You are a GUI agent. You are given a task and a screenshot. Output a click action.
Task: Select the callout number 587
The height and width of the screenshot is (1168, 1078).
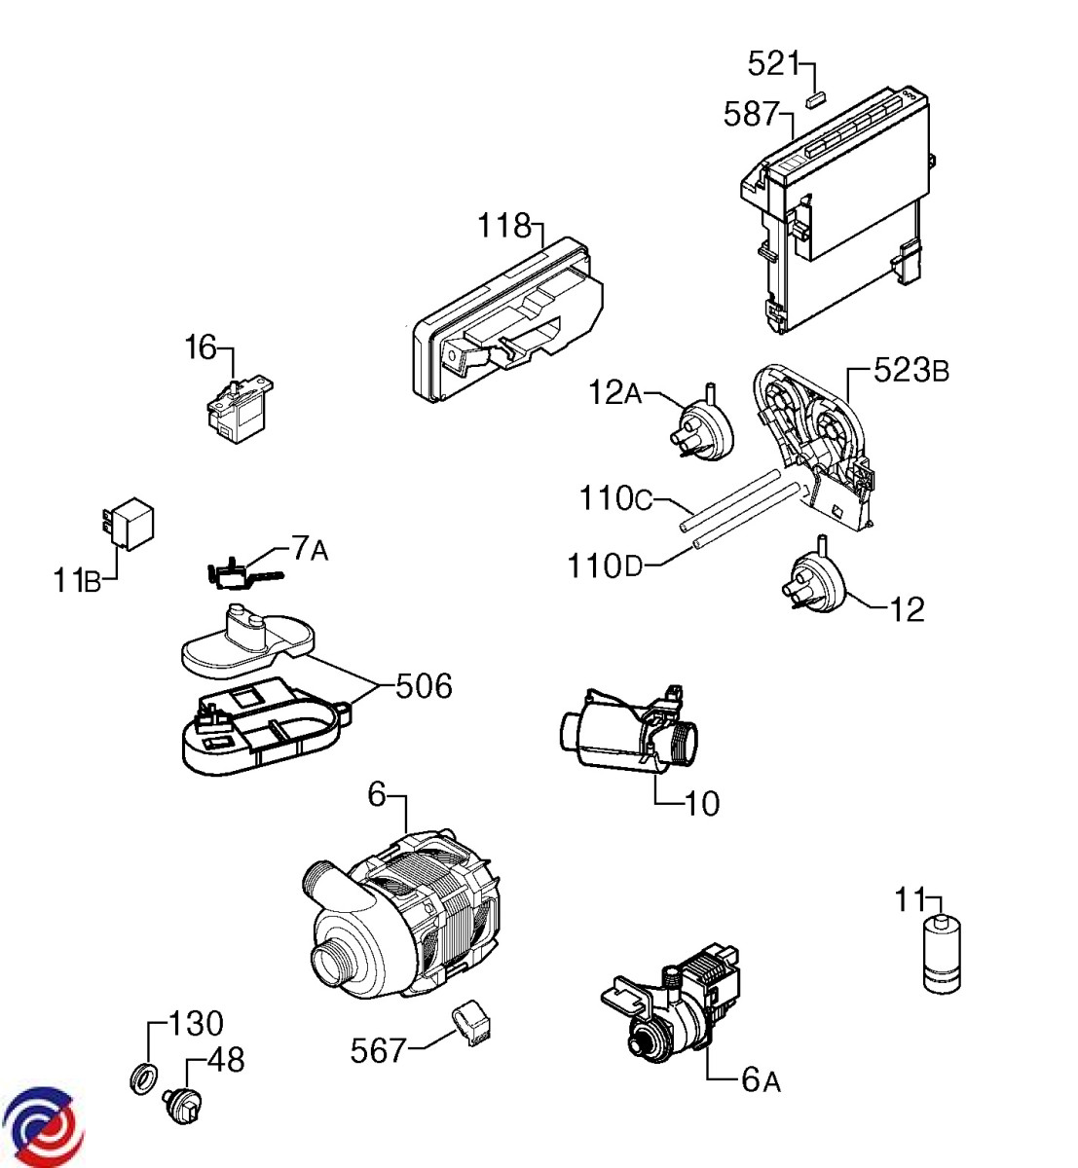point(751,115)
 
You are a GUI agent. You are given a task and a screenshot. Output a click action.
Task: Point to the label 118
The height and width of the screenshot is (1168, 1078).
point(504,226)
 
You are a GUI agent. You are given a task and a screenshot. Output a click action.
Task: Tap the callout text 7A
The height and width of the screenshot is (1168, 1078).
point(310,551)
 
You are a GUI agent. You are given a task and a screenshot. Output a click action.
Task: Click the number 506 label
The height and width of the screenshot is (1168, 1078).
point(424,686)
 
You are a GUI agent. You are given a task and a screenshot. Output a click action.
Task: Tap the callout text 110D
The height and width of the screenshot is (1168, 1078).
point(606,565)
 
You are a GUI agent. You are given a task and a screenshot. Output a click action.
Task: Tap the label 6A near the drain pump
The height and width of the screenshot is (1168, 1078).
point(761,1079)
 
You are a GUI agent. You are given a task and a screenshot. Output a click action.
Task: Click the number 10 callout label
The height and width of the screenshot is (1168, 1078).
point(700,804)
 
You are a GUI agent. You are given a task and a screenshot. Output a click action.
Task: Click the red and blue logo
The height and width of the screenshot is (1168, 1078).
point(43,1126)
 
